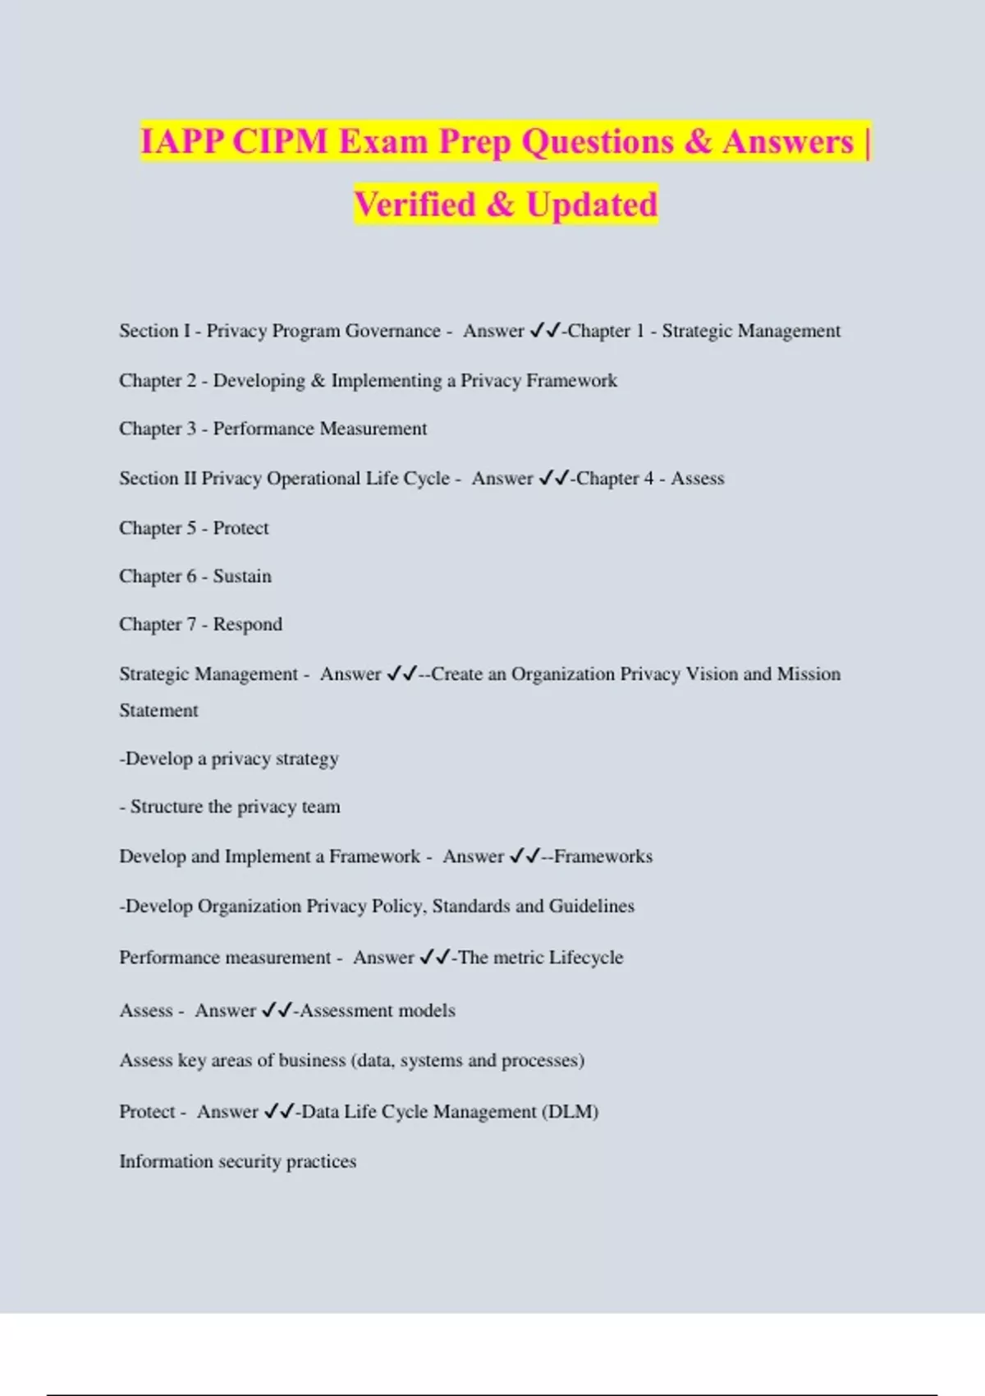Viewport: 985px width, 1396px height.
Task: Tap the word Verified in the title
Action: [x=415, y=204]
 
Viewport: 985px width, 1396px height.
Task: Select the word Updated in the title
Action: [x=592, y=204]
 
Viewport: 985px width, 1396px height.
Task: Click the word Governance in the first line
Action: [x=392, y=331]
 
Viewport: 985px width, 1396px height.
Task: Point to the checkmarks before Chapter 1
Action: [x=545, y=331]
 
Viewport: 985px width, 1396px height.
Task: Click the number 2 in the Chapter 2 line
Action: [x=191, y=380]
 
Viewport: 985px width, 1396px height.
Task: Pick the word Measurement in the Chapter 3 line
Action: [x=373, y=429]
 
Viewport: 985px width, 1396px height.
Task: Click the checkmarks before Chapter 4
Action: [x=554, y=479]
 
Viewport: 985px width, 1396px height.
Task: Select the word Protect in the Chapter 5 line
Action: [x=241, y=528]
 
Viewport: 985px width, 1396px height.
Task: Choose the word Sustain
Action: [x=242, y=576]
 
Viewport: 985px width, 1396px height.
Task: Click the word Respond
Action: [x=247, y=625]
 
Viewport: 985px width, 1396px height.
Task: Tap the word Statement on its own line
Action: [x=158, y=710]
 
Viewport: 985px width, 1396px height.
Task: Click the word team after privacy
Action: [x=321, y=807]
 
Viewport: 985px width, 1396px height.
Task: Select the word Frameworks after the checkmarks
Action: [x=603, y=856]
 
